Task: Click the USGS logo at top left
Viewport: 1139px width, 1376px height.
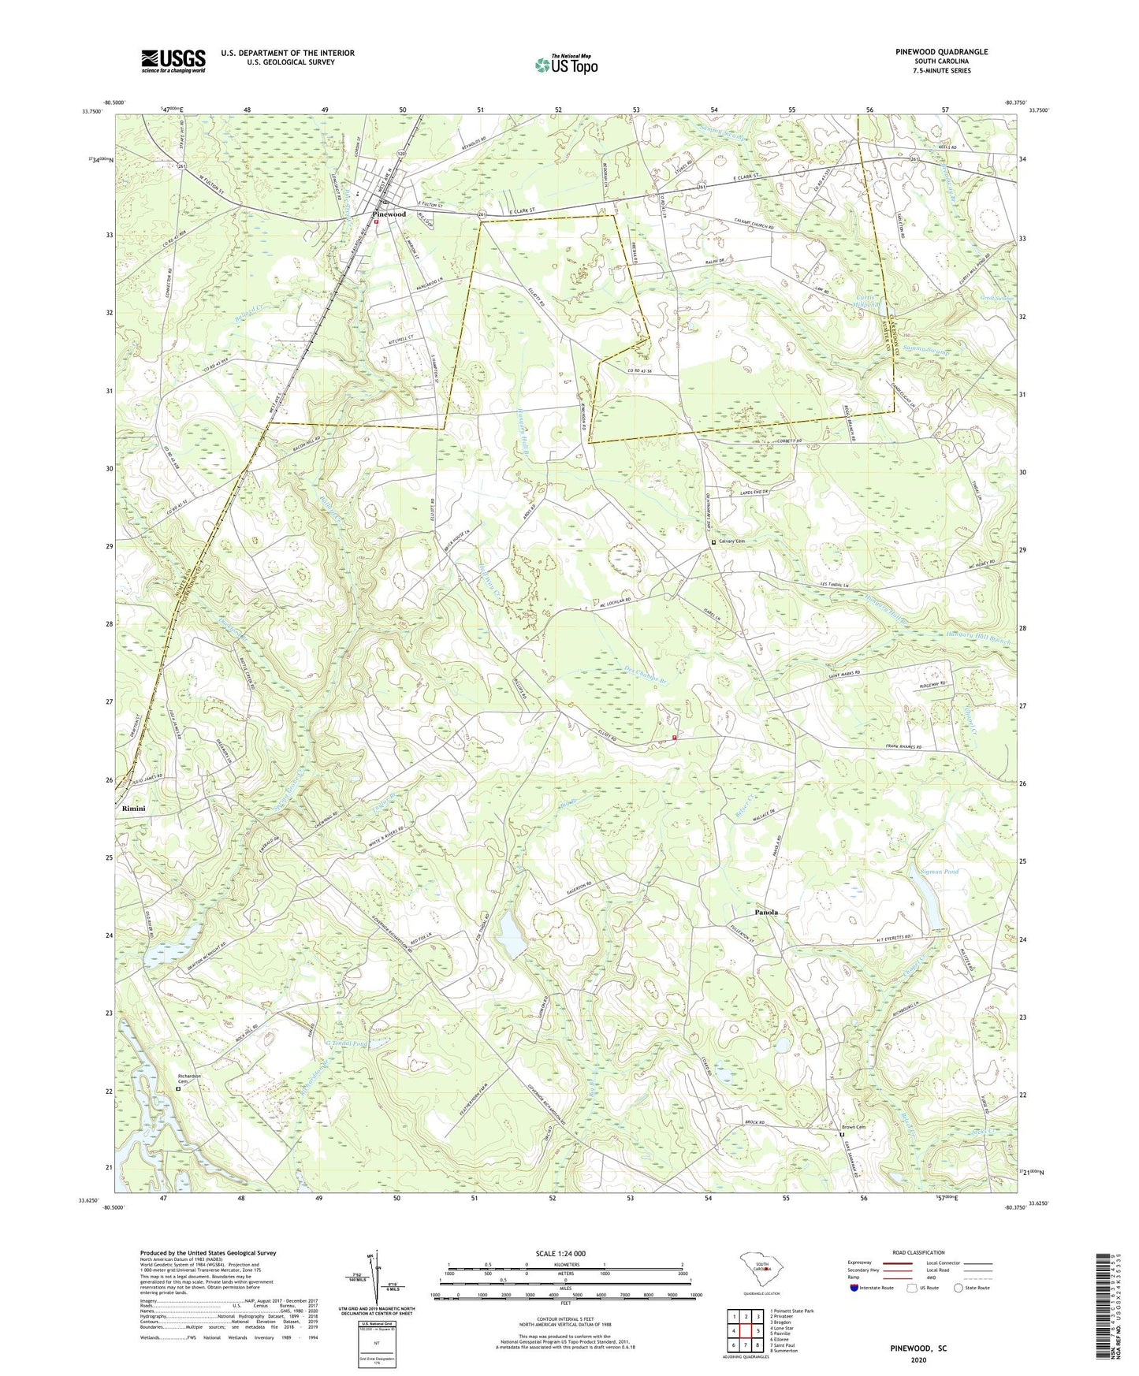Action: click(x=173, y=61)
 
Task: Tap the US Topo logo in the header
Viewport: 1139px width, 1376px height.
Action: click(x=564, y=65)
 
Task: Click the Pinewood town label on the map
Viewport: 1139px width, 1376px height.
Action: click(x=389, y=214)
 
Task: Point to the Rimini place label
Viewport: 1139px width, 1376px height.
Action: click(x=133, y=809)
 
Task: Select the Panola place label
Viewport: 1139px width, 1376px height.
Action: click(x=765, y=912)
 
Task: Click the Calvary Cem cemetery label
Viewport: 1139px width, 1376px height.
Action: click(x=731, y=541)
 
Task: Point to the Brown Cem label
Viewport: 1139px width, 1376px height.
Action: click(x=856, y=1126)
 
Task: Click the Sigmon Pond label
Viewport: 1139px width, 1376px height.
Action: click(x=940, y=872)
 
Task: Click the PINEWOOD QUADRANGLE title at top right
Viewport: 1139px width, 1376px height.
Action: click(x=941, y=52)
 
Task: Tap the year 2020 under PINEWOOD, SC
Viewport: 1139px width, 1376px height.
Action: click(x=918, y=1360)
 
